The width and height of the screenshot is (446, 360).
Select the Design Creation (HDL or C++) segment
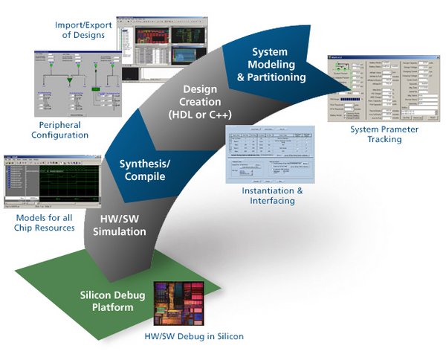click(x=200, y=104)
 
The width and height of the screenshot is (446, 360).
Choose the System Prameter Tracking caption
click(x=384, y=135)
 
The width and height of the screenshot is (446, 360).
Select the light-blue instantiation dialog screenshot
click(x=268, y=154)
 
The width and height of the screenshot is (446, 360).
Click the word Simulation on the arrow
click(x=119, y=232)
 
